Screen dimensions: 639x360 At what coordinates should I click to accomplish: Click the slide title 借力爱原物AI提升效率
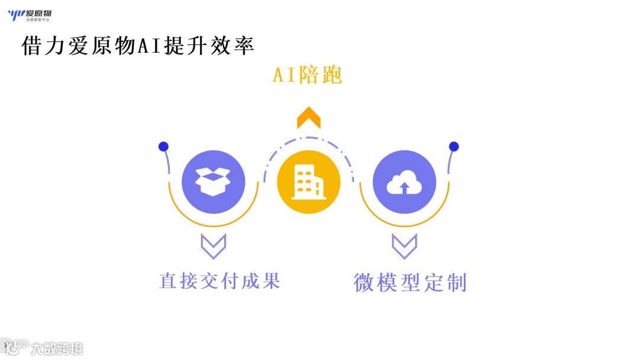pos(138,46)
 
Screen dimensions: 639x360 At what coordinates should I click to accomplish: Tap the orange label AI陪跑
pos(307,75)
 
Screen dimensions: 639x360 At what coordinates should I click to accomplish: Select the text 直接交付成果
pos(220,280)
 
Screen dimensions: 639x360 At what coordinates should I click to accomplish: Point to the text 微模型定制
pos(410,282)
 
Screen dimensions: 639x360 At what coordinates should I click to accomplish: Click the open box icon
pos(213,182)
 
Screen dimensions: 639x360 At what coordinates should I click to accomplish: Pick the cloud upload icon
pos(405,182)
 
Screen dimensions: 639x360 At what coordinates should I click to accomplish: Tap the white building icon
pos(308,182)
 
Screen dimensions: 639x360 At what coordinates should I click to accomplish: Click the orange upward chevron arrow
pos(308,118)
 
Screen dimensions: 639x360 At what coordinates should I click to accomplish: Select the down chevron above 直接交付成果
pos(213,246)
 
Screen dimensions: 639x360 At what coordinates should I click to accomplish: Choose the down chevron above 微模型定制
pos(405,246)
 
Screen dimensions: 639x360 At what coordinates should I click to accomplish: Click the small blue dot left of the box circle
pos(163,146)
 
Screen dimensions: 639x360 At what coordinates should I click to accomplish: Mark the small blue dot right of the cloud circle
pos(454,146)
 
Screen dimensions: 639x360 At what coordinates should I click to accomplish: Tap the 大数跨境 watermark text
pos(57,348)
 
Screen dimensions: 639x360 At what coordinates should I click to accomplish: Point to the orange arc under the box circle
pos(213,226)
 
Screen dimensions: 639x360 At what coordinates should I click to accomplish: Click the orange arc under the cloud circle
pos(405,226)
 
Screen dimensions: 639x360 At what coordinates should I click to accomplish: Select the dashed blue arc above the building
pos(308,139)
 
